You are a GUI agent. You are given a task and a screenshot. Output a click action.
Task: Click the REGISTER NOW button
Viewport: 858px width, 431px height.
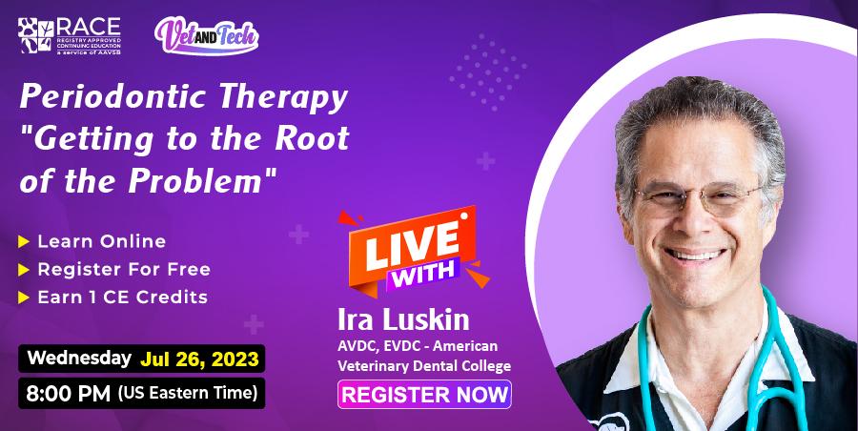(x=425, y=394)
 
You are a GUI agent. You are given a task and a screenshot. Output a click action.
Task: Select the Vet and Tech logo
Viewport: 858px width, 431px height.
(x=206, y=35)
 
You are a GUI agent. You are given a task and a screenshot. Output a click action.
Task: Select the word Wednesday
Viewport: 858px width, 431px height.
(x=79, y=359)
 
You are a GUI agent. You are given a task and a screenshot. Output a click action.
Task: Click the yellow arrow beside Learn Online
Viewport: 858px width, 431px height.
(x=26, y=241)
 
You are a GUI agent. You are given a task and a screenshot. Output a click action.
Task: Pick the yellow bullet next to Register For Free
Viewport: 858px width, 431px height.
(x=26, y=269)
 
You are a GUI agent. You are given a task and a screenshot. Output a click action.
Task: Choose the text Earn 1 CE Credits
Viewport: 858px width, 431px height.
(x=122, y=297)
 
